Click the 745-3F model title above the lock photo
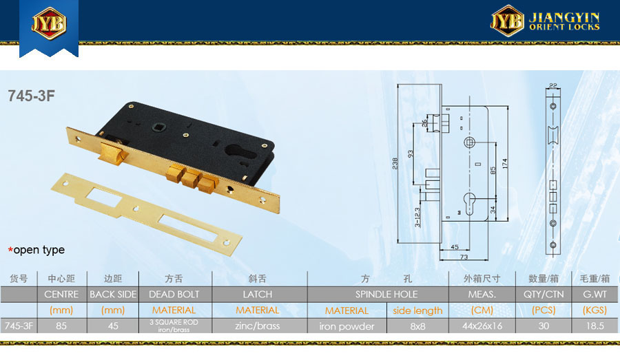click(x=31, y=96)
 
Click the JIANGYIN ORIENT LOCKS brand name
click(x=564, y=21)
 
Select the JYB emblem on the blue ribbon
click(x=49, y=23)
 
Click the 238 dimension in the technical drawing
click(x=395, y=164)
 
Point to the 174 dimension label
click(x=504, y=164)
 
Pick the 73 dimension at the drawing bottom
click(x=464, y=257)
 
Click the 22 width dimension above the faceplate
click(x=553, y=85)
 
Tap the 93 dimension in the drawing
click(x=411, y=153)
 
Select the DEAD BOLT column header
click(x=174, y=295)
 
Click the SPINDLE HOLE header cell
click(x=386, y=295)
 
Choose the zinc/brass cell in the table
click(x=258, y=326)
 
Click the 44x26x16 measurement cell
click(x=482, y=326)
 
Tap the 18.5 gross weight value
click(x=595, y=326)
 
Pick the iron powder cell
click(x=347, y=326)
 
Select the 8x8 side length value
click(x=417, y=326)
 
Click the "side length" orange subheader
click(x=417, y=310)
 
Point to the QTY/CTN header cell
click(x=544, y=295)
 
